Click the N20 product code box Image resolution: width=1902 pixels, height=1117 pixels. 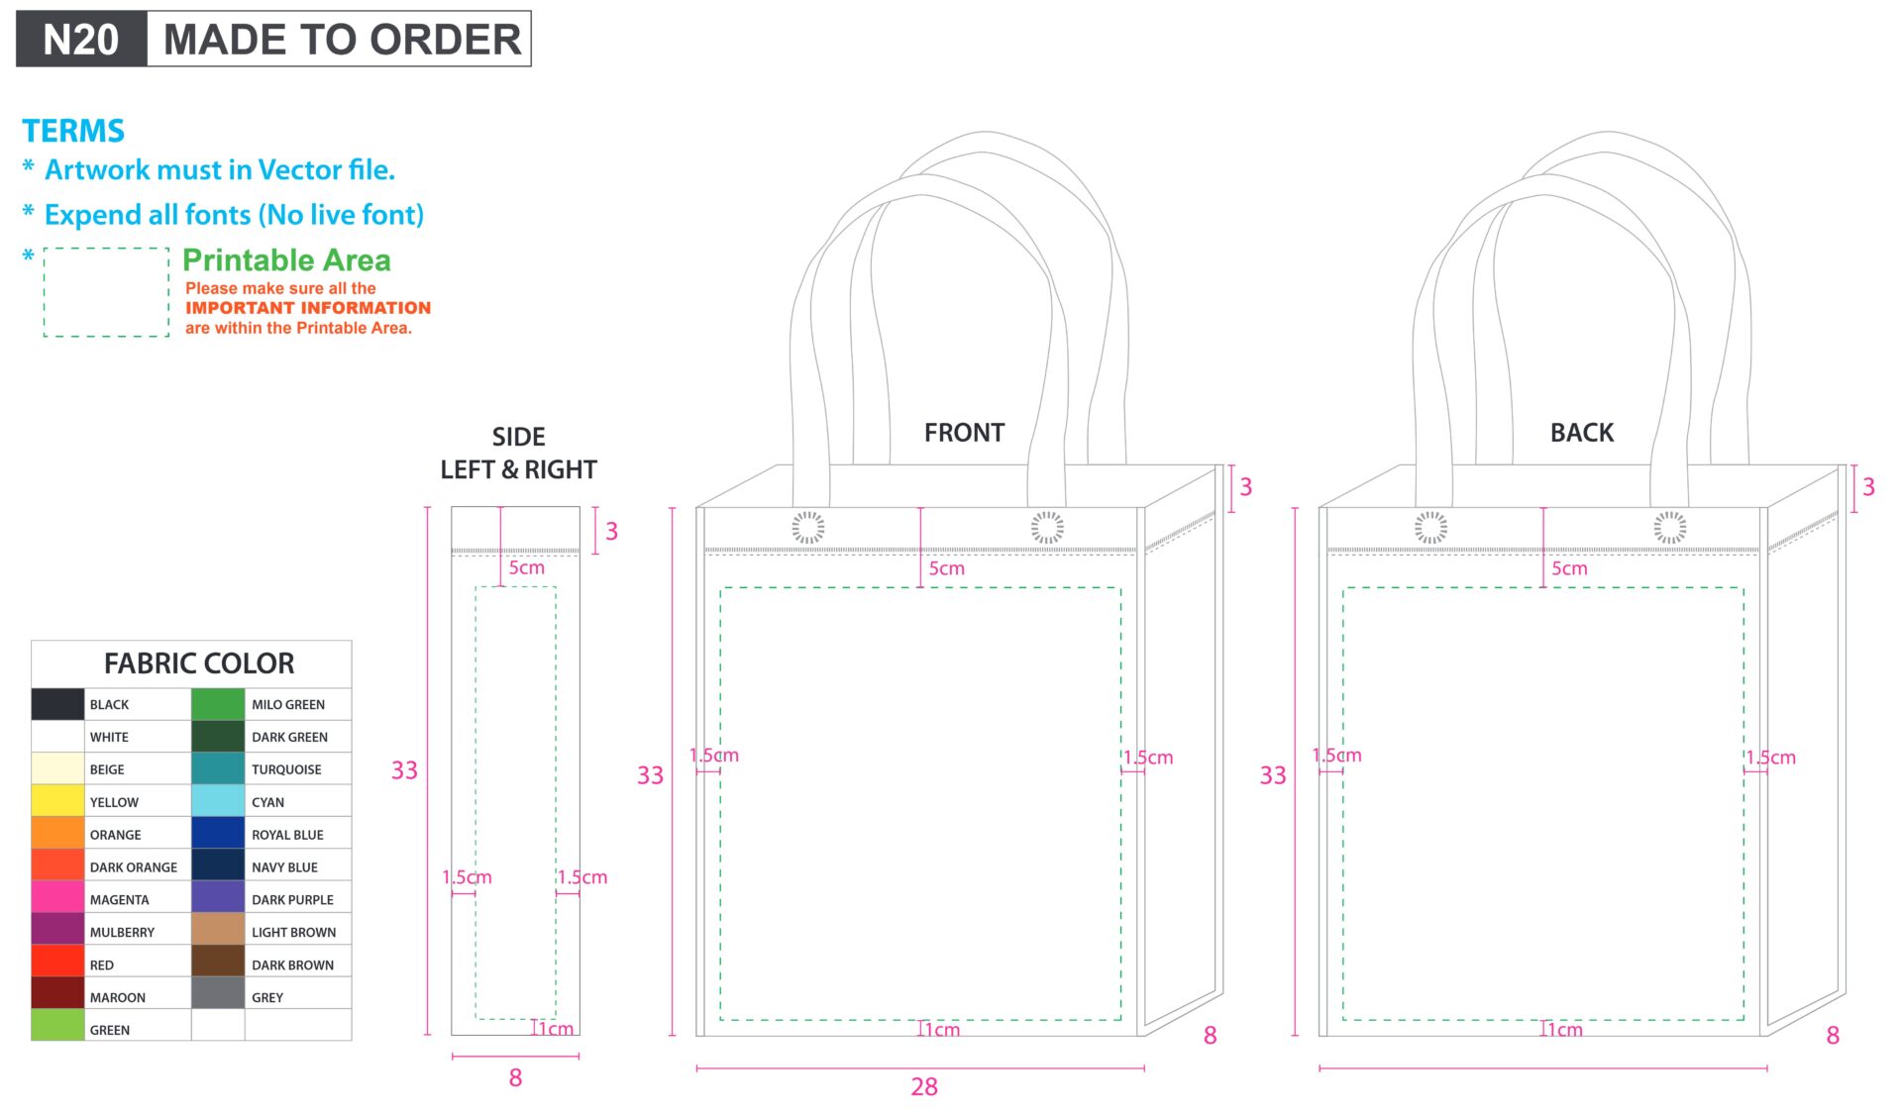[81, 40]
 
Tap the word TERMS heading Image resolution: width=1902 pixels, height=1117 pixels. [73, 131]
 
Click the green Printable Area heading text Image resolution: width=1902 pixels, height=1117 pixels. [286, 259]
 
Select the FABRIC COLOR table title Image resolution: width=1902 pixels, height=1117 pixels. [199, 662]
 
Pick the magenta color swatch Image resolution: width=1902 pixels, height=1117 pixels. [57, 897]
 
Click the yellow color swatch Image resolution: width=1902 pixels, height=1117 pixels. [57, 800]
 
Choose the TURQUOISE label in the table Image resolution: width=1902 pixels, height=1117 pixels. [286, 769]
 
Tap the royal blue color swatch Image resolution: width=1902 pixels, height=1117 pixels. [218, 833]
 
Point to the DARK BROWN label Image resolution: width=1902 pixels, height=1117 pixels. [292, 965]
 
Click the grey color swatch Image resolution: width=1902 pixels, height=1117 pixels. [218, 993]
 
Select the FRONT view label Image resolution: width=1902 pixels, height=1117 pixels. [964, 433]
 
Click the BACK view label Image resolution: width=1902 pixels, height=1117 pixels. [1582, 433]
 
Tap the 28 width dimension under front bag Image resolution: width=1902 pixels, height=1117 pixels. [924, 1087]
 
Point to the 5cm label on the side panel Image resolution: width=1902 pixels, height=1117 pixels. [527, 567]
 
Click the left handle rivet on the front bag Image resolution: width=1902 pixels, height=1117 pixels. [808, 527]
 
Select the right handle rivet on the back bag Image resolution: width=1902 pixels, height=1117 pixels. [1670, 527]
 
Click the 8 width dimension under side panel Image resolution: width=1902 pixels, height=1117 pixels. [515, 1078]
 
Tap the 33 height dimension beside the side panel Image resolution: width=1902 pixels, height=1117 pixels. [404, 770]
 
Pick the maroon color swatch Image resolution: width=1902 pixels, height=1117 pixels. [57, 993]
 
